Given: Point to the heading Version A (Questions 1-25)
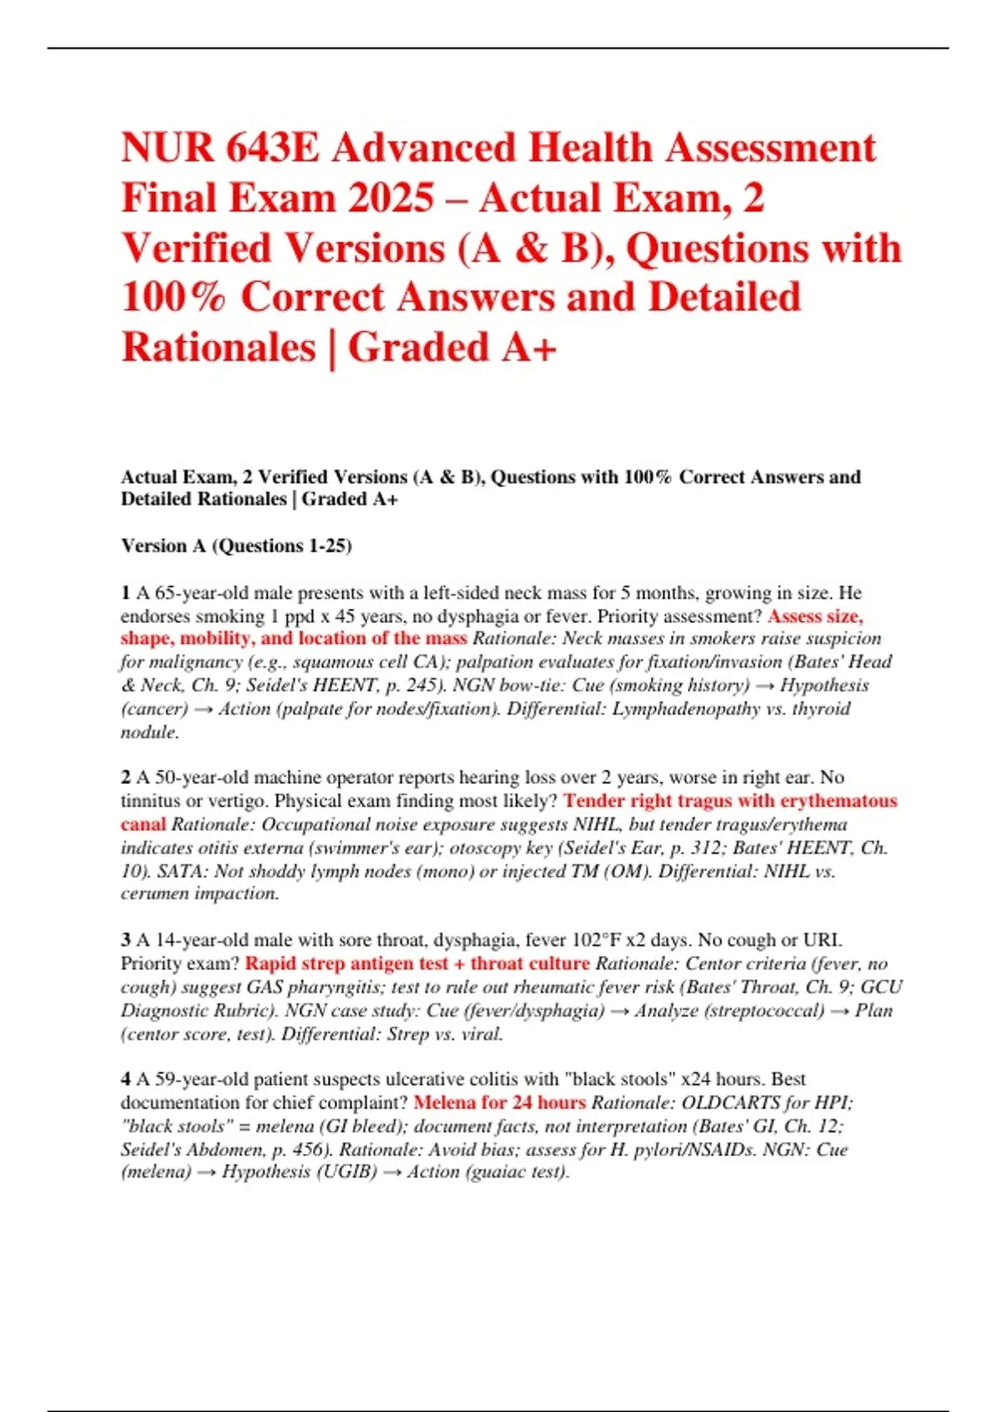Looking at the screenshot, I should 236,546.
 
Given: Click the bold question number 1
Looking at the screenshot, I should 125,593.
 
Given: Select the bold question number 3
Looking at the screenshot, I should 125,940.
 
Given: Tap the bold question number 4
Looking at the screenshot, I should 125,1079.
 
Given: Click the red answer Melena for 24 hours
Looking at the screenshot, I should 499,1103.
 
